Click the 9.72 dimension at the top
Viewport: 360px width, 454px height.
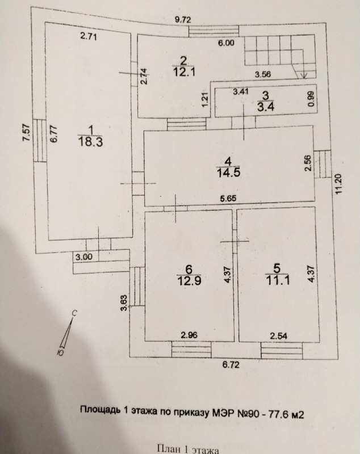pos(183,20)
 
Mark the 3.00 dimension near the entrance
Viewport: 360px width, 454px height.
pos(83,257)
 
